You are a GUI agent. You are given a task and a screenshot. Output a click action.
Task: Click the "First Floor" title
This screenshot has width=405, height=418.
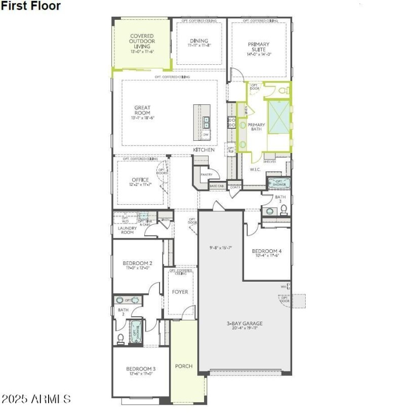pos(31,6)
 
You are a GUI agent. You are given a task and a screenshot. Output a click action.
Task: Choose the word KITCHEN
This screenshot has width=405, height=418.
pos(204,150)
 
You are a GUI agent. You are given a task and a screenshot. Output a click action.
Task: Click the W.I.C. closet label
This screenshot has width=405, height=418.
pos(255,169)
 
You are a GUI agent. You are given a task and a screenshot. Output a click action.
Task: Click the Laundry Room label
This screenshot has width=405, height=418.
pos(127,230)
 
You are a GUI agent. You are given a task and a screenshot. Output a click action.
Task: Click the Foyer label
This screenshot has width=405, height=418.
pos(180,292)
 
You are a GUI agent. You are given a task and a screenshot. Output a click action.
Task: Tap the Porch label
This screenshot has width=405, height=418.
pos(183,366)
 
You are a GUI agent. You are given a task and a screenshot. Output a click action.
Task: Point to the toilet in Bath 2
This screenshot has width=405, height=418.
pos(120,338)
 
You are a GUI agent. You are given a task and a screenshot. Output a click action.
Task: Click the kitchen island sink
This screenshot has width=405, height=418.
pos(207,122)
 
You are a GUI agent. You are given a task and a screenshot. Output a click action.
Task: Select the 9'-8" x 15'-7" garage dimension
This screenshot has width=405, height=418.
pos(221,248)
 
